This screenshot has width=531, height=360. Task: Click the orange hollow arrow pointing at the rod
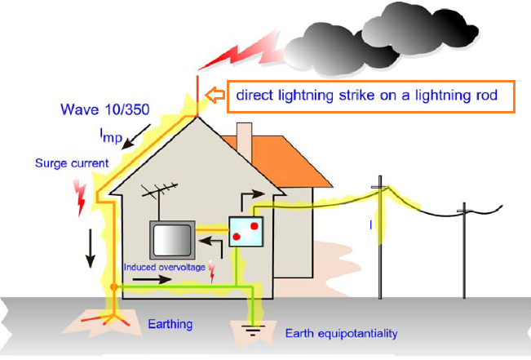(214, 96)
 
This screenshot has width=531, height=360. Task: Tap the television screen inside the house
(170, 241)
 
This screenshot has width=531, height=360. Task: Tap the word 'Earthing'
(170, 324)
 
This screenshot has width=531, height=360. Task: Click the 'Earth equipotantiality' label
(342, 334)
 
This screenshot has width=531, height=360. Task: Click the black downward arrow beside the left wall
(91, 250)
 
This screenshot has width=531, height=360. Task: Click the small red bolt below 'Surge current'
(80, 196)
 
